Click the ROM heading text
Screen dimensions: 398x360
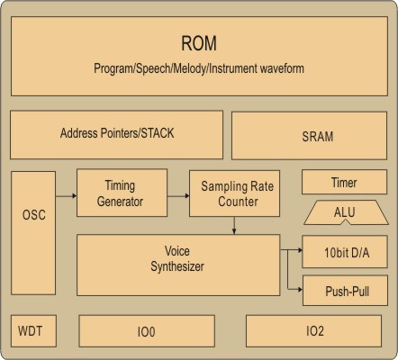pos(199,43)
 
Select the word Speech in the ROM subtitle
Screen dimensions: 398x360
pos(153,68)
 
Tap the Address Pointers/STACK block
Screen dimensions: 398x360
pos(116,135)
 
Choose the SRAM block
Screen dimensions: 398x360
pos(310,136)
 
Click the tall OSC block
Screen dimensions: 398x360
pos(33,233)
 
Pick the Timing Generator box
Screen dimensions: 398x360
pos(122,193)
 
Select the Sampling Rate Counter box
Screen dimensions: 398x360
pos(234,193)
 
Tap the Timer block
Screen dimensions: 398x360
pos(344,182)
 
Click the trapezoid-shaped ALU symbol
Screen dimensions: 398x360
pos(346,212)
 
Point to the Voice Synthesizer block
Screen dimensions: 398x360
pos(178,265)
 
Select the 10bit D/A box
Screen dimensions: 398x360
pos(345,252)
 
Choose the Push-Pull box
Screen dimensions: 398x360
pos(345,291)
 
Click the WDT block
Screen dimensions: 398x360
pos(33,331)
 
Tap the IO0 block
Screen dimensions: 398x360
pos(147,331)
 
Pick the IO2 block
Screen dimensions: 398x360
pos(313,331)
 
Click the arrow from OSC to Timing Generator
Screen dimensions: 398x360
pos(67,196)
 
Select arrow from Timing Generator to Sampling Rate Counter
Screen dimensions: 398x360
pos(178,196)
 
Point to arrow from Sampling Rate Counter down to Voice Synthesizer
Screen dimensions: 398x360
pos(234,225)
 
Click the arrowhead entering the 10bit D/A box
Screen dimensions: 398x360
pos(300,249)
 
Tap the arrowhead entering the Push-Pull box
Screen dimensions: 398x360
pos(300,290)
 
